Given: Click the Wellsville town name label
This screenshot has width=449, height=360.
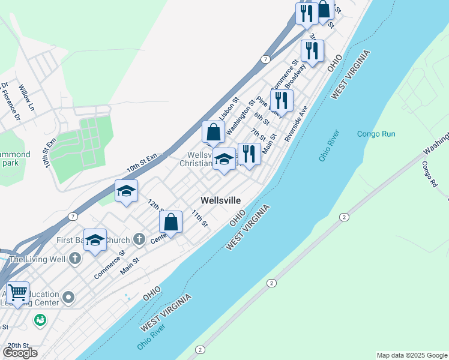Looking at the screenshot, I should [x=220, y=200].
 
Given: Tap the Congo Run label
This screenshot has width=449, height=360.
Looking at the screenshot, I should [x=376, y=134].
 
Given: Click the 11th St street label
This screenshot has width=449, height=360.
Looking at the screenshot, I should [x=199, y=218].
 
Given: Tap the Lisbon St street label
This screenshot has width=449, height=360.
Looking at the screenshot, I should [x=229, y=109].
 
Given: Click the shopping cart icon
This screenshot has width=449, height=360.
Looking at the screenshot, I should [x=18, y=293].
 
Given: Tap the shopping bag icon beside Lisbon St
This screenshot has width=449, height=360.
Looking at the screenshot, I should [x=213, y=131].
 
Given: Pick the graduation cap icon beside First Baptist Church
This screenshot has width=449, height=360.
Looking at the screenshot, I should [x=95, y=240].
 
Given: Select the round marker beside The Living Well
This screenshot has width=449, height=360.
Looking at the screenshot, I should [x=74, y=259].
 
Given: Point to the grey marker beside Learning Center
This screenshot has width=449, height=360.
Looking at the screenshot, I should [x=68, y=298].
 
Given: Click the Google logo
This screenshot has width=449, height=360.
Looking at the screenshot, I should [x=20, y=353].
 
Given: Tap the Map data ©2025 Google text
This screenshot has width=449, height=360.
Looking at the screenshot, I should [x=412, y=355].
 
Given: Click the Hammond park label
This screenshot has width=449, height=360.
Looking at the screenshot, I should [x=14, y=158].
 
